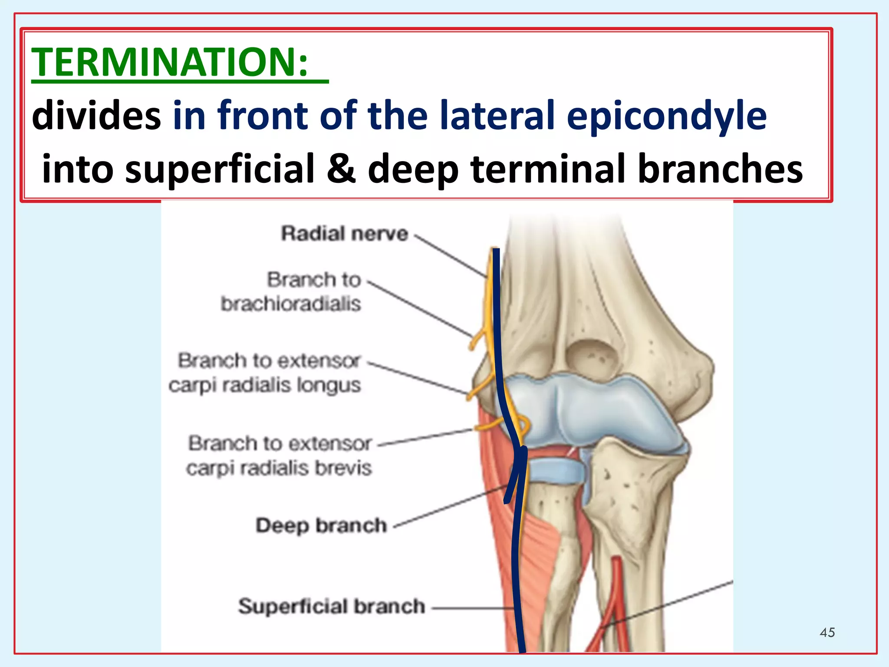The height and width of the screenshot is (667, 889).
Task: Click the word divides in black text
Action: (96, 116)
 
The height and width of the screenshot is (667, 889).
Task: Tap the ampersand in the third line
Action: (341, 168)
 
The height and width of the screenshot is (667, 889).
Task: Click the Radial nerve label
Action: (344, 234)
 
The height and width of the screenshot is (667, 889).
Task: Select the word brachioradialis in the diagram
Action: (291, 304)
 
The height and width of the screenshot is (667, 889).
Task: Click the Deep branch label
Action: (321, 525)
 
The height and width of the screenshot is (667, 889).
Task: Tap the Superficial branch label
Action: (331, 606)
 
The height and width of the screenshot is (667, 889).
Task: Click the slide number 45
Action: (827, 632)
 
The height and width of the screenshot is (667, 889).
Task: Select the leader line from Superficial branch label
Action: (471, 608)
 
